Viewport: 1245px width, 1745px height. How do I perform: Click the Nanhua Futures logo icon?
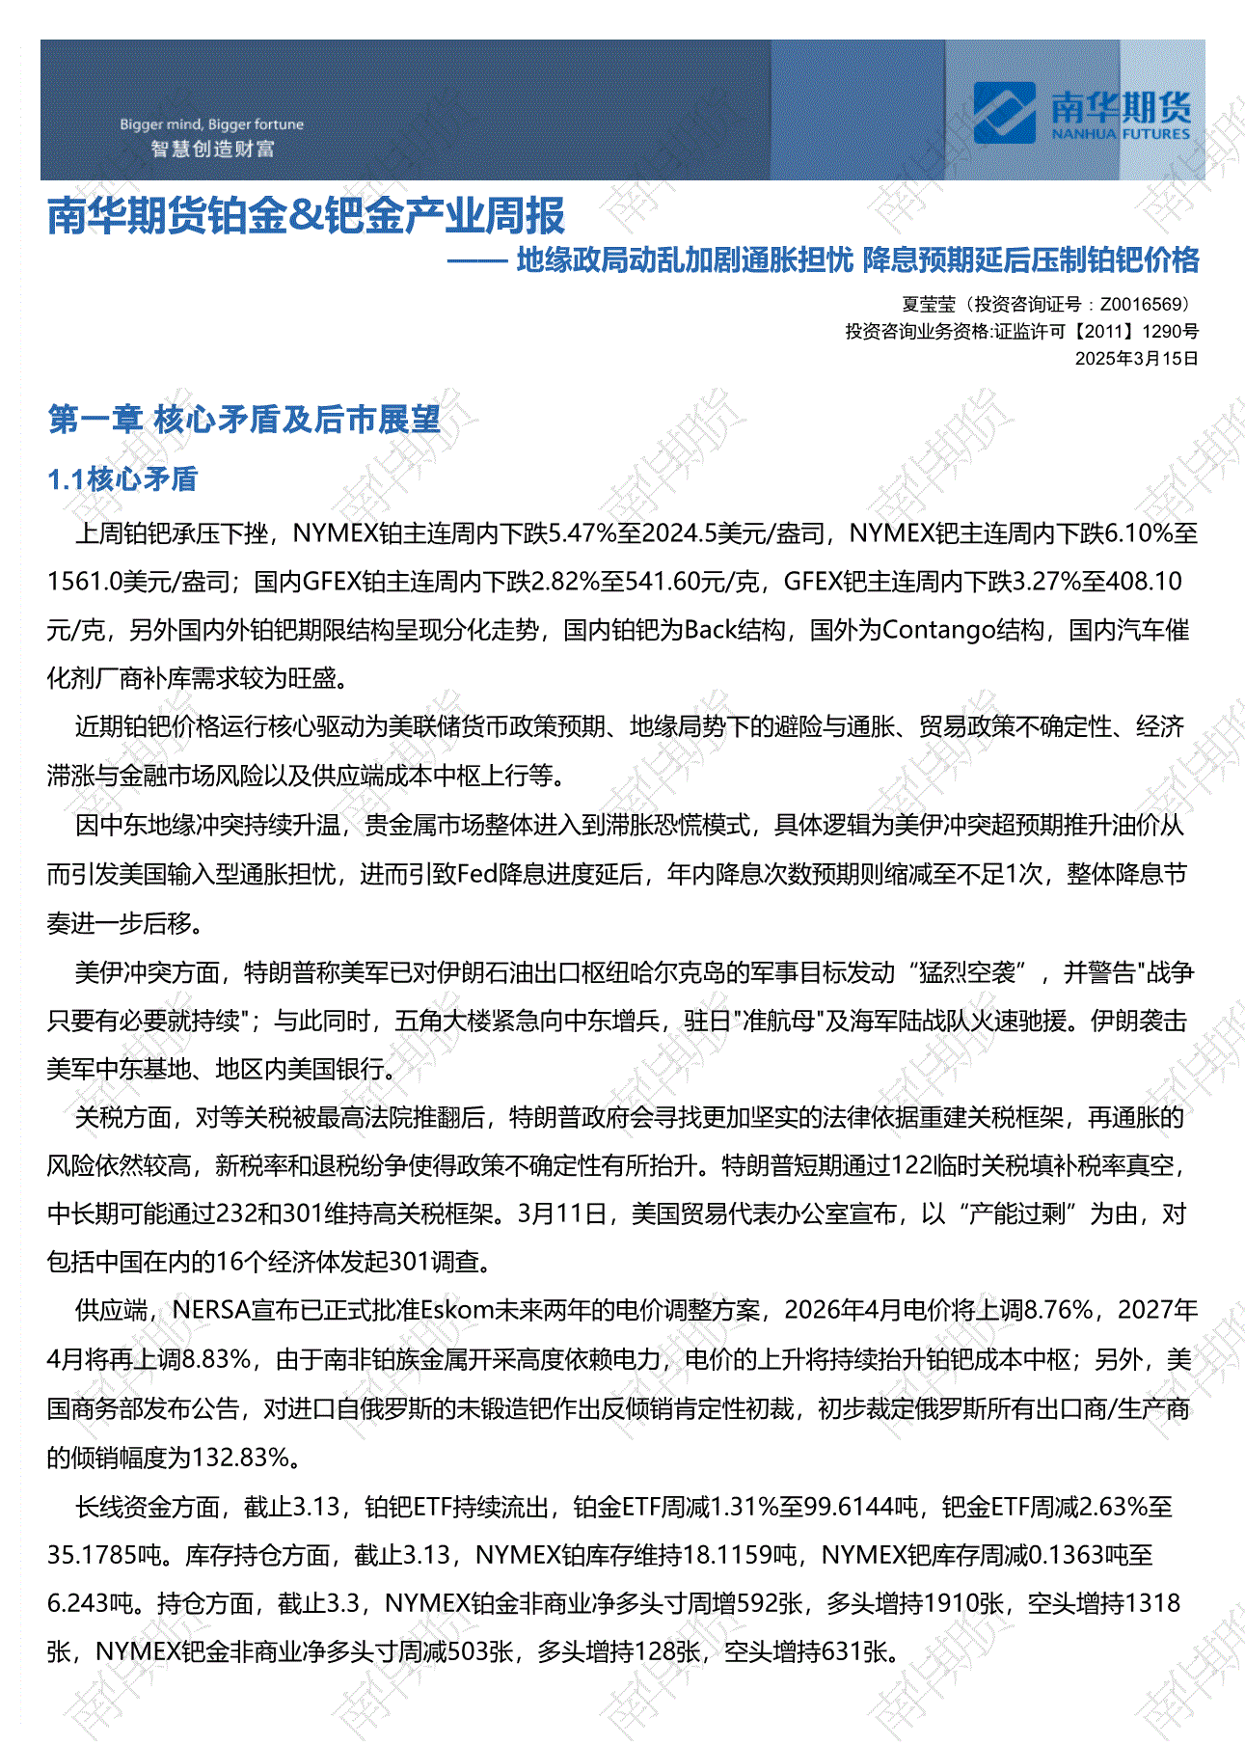1004,112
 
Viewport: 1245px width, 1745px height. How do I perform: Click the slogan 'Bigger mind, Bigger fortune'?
211,124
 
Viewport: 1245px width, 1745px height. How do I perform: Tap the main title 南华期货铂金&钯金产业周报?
306,215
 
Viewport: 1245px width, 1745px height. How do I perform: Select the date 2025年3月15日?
1136,358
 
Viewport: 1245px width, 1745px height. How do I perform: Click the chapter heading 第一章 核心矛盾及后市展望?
244,420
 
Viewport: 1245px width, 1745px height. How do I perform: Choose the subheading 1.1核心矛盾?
122,478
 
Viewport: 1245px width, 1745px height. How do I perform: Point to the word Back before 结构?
711,631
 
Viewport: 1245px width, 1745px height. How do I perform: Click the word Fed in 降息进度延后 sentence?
477,874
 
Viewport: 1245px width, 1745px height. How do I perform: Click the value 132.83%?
242,1457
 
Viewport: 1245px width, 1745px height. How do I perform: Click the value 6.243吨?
90,1603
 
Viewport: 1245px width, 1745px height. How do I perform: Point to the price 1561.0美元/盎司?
139,582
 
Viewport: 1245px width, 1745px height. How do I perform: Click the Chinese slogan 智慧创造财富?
213,150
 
